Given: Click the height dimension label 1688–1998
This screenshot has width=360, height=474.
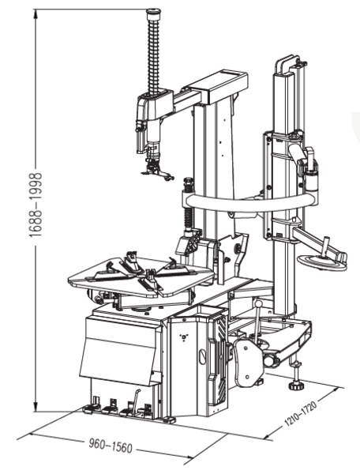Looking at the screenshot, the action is click(x=36, y=205).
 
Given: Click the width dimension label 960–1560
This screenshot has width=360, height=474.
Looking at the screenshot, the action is click(x=111, y=446).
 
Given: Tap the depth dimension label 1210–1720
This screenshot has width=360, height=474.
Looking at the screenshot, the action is click(x=301, y=413).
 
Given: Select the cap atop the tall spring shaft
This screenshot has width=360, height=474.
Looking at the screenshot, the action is click(x=154, y=13).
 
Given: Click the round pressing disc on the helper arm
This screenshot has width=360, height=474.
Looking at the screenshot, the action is click(x=321, y=262).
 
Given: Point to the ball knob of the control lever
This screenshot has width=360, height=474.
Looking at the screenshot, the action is click(x=258, y=303).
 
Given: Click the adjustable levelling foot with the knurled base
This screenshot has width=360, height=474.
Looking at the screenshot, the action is click(x=296, y=386).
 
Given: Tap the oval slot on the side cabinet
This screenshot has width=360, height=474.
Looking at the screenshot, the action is click(x=203, y=355).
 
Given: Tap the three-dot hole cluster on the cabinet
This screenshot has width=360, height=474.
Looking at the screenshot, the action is click(x=183, y=337).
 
